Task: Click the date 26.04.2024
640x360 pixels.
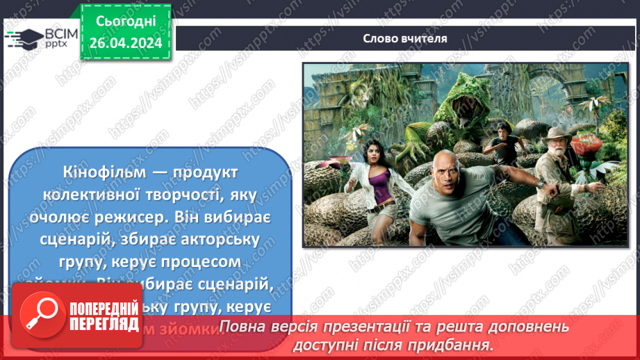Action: click(x=126, y=42)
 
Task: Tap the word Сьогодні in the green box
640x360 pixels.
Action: click(x=126, y=22)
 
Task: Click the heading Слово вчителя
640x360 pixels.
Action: click(x=404, y=39)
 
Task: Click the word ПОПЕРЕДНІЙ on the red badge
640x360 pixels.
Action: click(x=104, y=309)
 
